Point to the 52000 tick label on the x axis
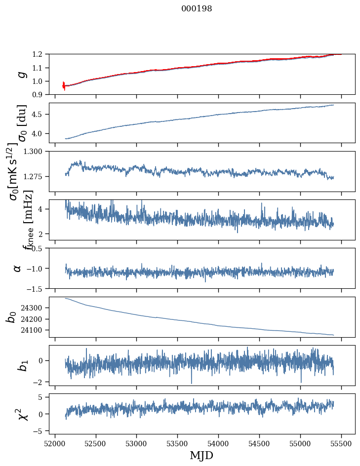pos(55,443)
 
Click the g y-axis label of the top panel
pos(21,75)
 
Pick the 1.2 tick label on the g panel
pos(40,54)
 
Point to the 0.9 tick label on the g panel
pos(40,95)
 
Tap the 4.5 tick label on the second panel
pos(40,115)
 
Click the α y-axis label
pos(17,268)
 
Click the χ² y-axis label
pos(22,414)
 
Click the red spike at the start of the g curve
pos(64,85)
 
